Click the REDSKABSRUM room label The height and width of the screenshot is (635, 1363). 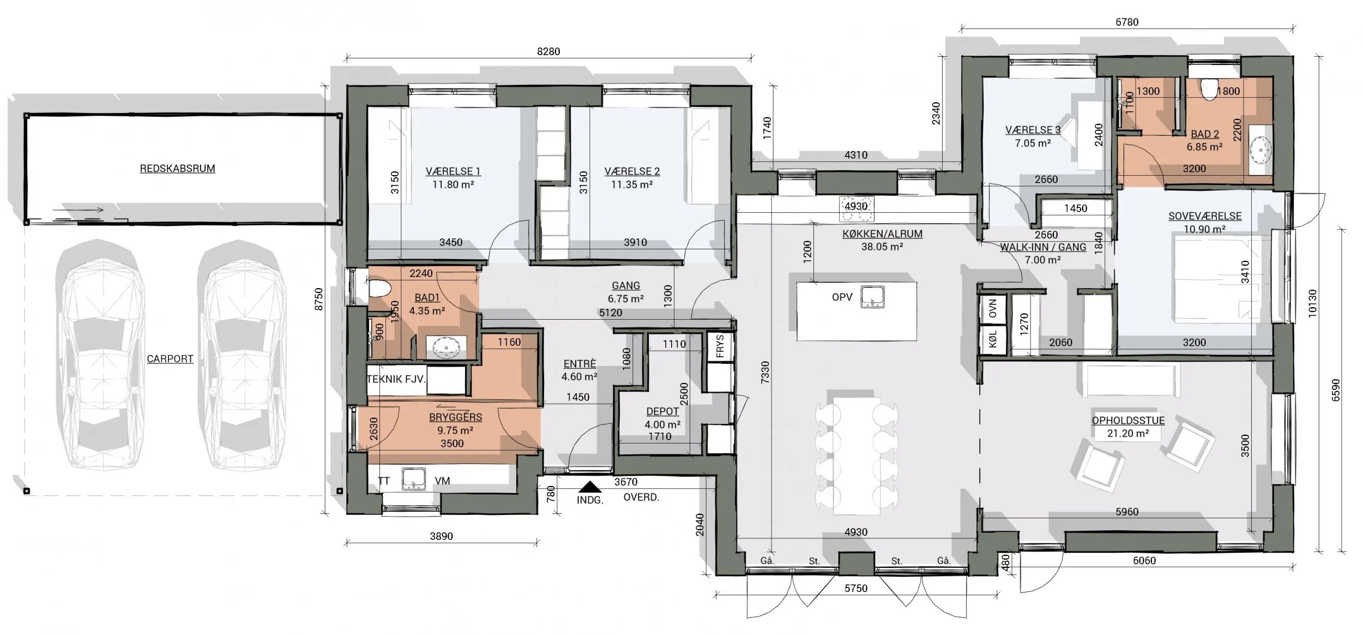coord(177,169)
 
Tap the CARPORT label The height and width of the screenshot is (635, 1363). coord(170,359)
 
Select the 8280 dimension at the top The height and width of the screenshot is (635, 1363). coord(548,51)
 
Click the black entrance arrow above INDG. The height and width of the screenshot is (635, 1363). coord(589,487)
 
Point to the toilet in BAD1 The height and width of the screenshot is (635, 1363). coord(379,289)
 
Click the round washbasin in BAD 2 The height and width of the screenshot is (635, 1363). coord(1261,149)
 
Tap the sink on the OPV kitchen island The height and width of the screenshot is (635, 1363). coord(872,297)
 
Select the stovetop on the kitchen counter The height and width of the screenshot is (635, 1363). coord(856,209)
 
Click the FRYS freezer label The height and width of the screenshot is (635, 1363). coord(720,346)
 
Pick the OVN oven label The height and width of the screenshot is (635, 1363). coord(992,308)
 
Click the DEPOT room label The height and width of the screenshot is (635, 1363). coord(662,411)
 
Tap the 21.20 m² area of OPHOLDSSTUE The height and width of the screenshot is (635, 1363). coord(1128,434)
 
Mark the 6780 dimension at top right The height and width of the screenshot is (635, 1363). coord(1127,22)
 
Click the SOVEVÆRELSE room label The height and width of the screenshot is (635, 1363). coord(1205,216)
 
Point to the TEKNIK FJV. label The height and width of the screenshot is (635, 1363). coord(396,379)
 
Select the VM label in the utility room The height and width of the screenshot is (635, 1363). coord(442,481)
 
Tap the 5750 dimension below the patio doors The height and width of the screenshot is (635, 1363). coord(855,588)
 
